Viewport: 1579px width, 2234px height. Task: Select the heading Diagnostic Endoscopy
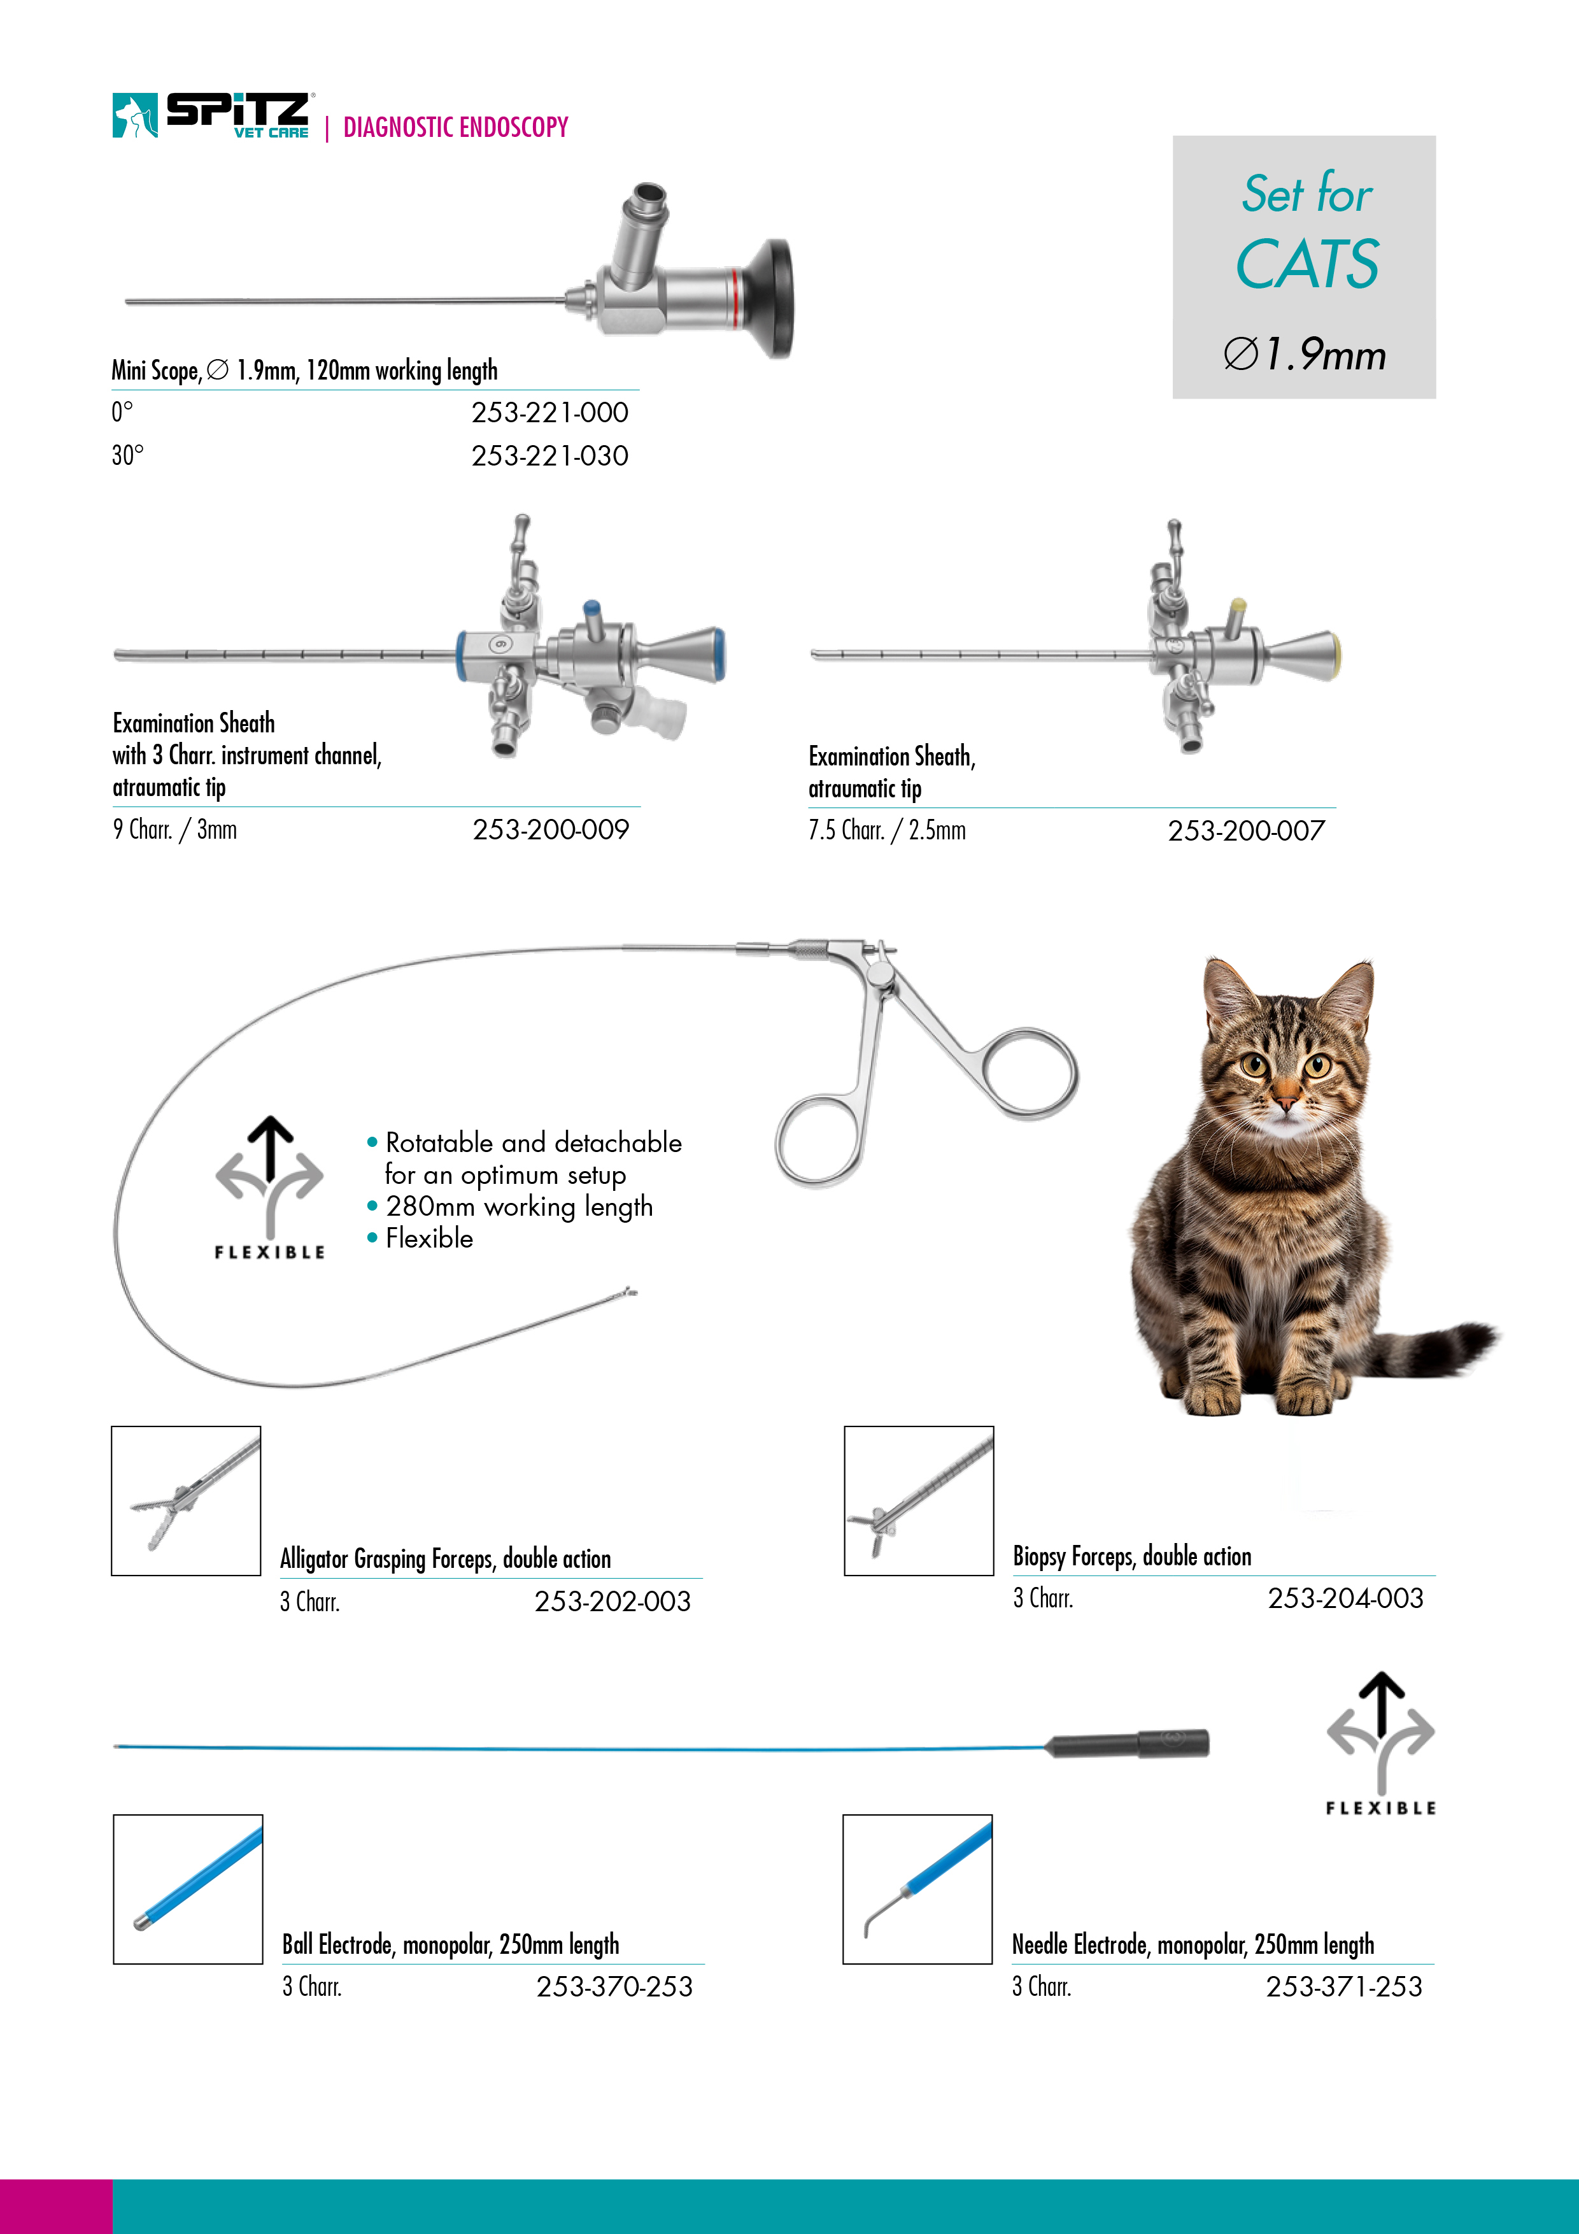tap(455, 127)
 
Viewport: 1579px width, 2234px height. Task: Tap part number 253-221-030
tap(549, 455)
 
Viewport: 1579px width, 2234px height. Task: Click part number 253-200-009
tap(551, 830)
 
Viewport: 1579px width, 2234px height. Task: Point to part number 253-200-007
tap(1246, 831)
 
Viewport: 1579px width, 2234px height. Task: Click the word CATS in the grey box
tap(1306, 265)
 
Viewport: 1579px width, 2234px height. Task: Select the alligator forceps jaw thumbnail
tap(186, 1500)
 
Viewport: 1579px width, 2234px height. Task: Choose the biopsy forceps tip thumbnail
tap(918, 1500)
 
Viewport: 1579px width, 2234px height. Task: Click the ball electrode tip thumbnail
tap(188, 1889)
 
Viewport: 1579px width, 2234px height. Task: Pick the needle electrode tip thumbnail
tap(917, 1889)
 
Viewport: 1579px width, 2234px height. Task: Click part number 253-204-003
tap(1345, 1598)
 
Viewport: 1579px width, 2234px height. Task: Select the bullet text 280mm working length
tap(518, 1207)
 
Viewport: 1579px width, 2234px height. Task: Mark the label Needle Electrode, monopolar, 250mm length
tap(1193, 1945)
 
